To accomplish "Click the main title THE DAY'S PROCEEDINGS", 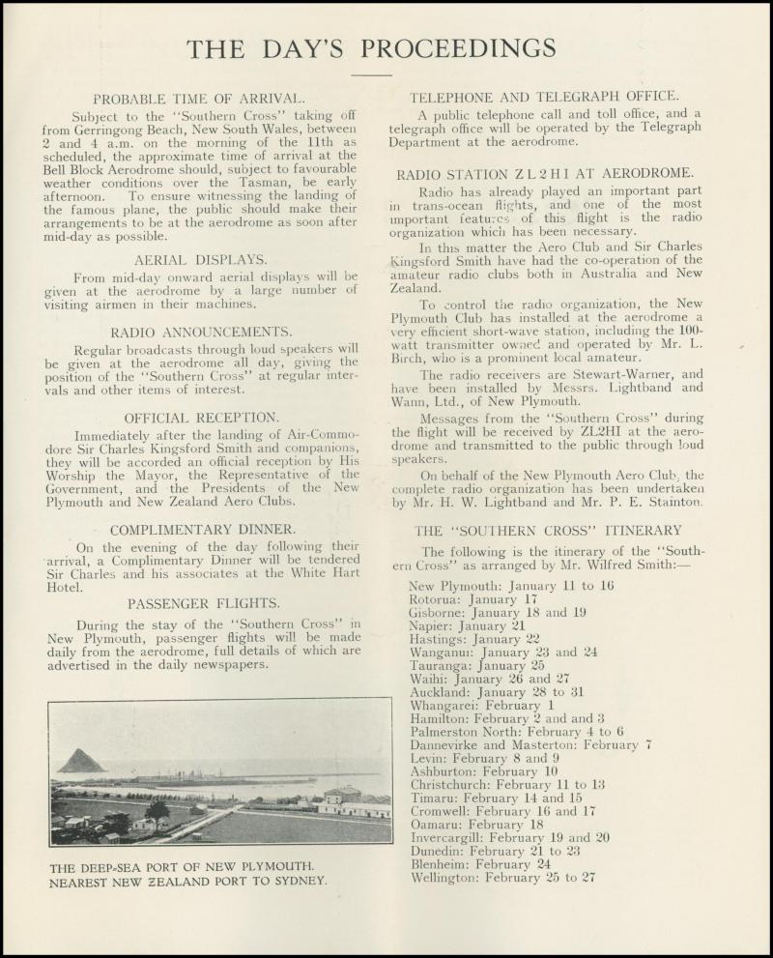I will point(371,48).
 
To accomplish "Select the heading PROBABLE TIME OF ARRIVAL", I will point(199,99).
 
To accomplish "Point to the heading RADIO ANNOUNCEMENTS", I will point(201,332).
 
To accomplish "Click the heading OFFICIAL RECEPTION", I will point(202,417).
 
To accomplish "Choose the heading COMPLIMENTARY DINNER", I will point(203,530).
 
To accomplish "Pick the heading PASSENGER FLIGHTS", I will point(204,603).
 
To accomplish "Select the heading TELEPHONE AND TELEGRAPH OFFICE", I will point(544,97).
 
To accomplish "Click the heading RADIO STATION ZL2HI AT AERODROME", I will point(545,174).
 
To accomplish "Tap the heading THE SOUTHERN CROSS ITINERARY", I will point(548,530).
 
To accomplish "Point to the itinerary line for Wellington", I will point(502,878).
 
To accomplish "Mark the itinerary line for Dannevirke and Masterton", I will point(530,745).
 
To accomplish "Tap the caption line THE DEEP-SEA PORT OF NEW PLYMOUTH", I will point(182,867).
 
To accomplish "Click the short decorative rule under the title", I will point(371,74).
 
